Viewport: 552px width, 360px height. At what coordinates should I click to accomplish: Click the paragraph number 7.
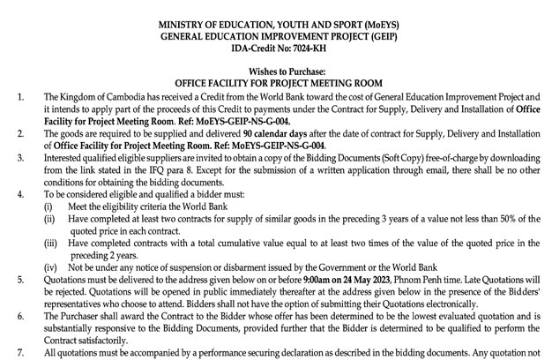point(10,352)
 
